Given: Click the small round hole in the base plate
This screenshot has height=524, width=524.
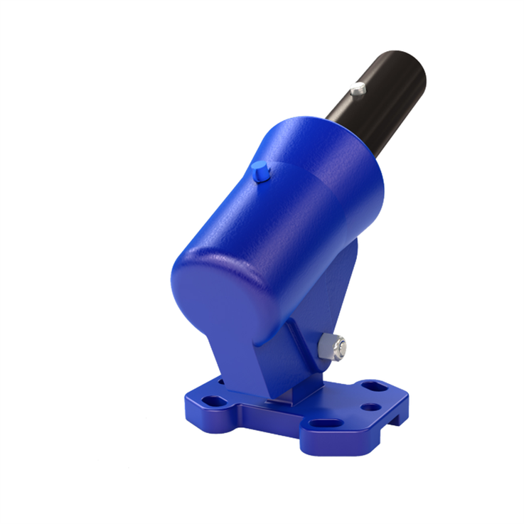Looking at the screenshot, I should coord(370,407).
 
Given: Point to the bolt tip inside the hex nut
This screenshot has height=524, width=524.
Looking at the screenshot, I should coord(342,348).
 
